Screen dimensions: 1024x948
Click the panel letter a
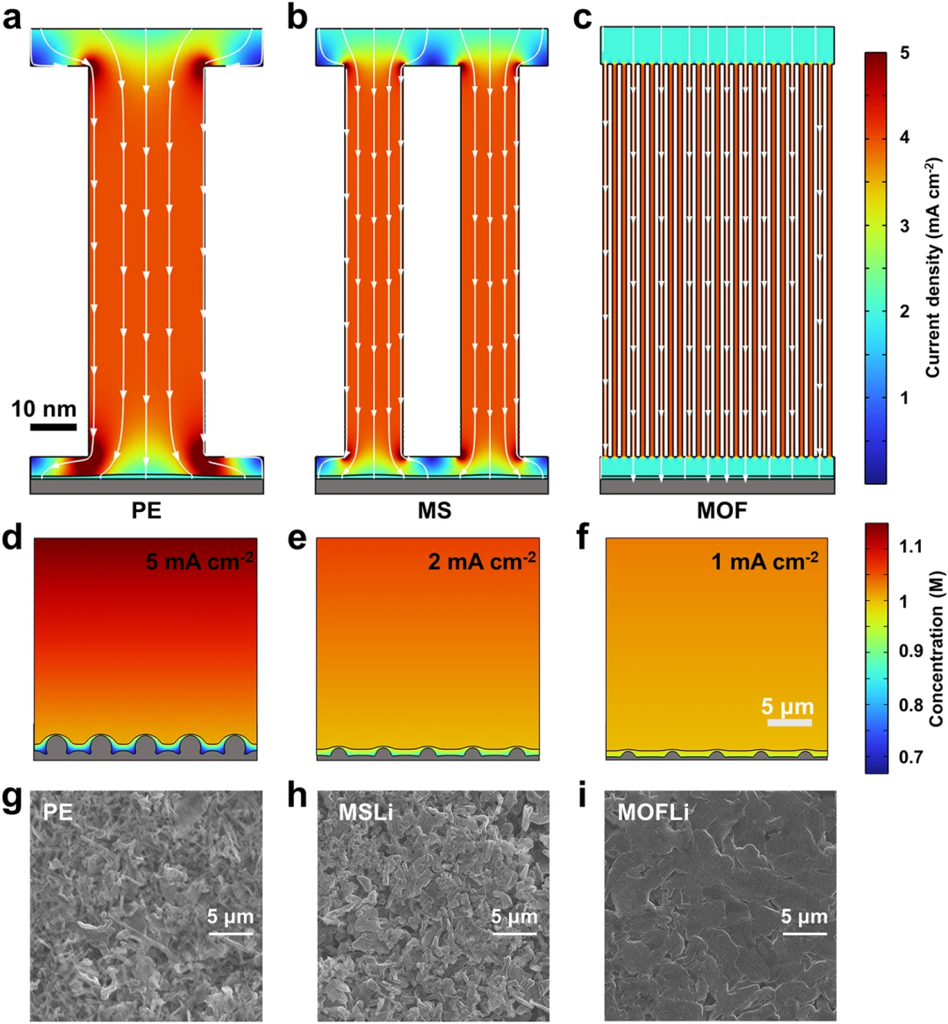pos(12,18)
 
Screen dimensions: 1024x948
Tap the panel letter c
pos(582,18)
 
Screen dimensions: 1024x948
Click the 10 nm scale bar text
pos(44,408)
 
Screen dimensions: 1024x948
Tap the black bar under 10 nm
pos(53,427)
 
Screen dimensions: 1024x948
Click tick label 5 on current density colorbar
pos(903,54)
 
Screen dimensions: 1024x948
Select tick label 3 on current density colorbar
pos(903,226)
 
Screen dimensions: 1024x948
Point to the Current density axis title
pos(932,268)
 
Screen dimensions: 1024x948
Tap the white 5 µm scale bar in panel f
pos(789,722)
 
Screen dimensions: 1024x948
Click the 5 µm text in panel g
pos(230,917)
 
